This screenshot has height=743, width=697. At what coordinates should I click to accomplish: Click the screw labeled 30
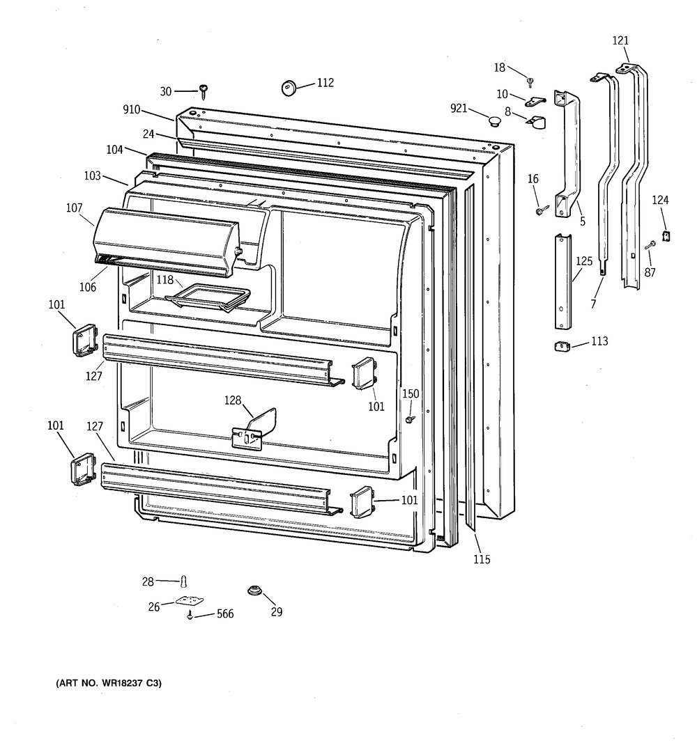pyautogui.click(x=204, y=91)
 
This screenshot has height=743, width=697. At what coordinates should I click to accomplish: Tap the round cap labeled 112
pyautogui.click(x=289, y=88)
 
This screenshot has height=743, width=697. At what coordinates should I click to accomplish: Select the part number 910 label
pyautogui.click(x=131, y=110)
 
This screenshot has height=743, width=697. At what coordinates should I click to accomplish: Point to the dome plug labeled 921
pyautogui.click(x=495, y=120)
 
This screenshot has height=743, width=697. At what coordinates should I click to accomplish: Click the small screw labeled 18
pyautogui.click(x=530, y=83)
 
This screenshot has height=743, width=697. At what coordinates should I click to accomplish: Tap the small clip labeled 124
pyautogui.click(x=666, y=235)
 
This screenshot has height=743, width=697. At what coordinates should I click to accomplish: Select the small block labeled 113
pyautogui.click(x=562, y=346)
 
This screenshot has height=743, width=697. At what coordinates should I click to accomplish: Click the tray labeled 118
pyautogui.click(x=207, y=297)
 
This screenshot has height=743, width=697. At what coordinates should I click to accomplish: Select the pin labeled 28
pyautogui.click(x=184, y=581)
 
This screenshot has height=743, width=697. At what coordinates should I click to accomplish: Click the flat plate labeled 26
pyautogui.click(x=190, y=602)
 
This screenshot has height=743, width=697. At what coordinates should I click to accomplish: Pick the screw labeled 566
pyautogui.click(x=190, y=615)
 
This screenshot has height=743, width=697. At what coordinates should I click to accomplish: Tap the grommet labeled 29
pyautogui.click(x=255, y=591)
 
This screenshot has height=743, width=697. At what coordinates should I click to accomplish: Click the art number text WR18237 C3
pyautogui.click(x=109, y=683)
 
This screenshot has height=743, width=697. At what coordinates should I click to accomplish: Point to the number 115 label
pyautogui.click(x=482, y=560)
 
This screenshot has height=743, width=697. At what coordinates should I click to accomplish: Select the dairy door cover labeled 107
pyautogui.click(x=167, y=242)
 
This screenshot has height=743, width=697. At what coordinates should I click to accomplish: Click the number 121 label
pyautogui.click(x=620, y=41)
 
